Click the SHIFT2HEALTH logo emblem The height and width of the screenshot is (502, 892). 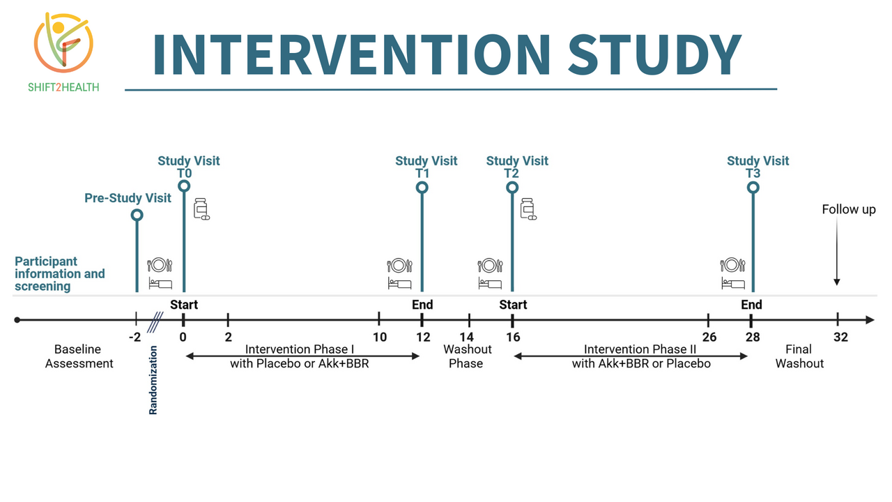tap(63, 43)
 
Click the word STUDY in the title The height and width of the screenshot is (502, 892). tap(654, 54)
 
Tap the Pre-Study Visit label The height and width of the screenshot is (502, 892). tap(128, 198)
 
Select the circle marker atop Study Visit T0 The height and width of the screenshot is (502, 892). tap(184, 186)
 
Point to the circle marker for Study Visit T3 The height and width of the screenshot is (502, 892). tap(753, 188)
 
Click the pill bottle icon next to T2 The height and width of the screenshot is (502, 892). tap(528, 208)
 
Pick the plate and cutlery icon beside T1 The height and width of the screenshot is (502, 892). tap(399, 266)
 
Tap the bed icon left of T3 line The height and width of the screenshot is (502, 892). tap(733, 283)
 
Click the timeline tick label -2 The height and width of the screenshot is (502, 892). tap(135, 337)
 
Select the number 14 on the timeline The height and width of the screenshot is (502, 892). tap(467, 337)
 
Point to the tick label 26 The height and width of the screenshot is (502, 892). tap(709, 337)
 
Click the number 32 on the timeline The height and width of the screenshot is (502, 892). tap(840, 337)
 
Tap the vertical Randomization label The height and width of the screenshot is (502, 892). tap(153, 380)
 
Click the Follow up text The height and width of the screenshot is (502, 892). tap(849, 210)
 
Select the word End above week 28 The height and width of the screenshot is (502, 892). tap(751, 305)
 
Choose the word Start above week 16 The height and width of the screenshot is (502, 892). tap(513, 305)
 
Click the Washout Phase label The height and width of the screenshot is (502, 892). tap(467, 356)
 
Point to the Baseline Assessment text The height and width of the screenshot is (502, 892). tap(79, 356)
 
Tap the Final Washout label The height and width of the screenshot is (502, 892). tap(799, 356)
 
